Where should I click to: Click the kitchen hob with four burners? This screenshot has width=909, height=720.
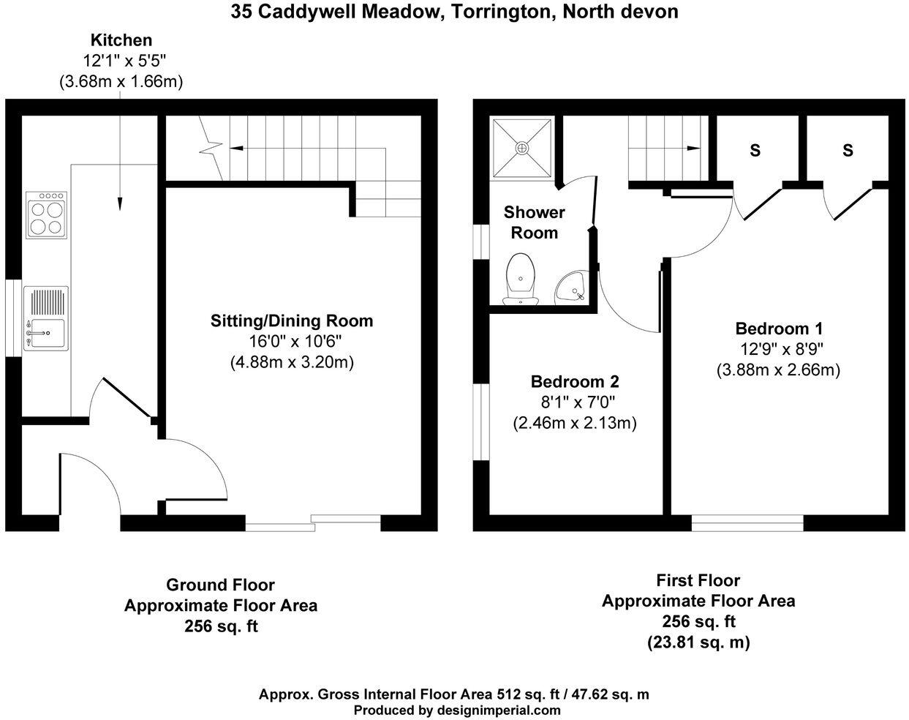tap(47, 214)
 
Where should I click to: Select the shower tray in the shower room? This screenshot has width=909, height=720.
tap(521, 148)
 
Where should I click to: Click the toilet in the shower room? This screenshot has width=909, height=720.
tap(521, 279)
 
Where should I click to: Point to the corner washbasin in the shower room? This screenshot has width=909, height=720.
tap(572, 287)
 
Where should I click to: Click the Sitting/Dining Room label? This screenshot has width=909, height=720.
tap(292, 320)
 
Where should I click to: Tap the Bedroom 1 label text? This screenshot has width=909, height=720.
tap(779, 329)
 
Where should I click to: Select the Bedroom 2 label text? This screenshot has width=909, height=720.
tap(575, 381)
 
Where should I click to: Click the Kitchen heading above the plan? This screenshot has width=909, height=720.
tap(121, 40)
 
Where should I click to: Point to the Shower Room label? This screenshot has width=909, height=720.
tap(535, 222)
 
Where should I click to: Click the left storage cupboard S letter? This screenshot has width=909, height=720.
tap(755, 151)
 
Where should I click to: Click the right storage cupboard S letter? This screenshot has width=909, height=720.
tap(848, 151)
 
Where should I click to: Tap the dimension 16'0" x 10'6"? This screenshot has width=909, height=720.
tap(292, 341)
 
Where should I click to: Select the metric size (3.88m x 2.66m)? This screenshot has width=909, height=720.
tap(778, 370)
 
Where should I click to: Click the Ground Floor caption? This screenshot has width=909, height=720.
tap(220, 585)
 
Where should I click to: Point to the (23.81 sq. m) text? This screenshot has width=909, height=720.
tap(698, 642)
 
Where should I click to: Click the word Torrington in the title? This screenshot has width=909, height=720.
tap(499, 12)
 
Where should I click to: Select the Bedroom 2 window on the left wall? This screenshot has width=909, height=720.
tap(481, 421)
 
